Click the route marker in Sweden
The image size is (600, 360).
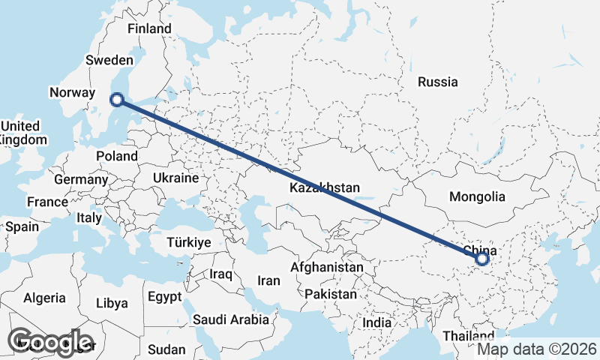[116, 99]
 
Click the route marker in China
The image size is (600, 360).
[481, 259]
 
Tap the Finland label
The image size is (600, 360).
[149, 29]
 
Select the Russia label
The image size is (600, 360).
[438, 82]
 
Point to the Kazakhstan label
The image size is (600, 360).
[325, 188]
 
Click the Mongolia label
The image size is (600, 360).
[477, 197]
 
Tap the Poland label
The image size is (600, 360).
[117, 157]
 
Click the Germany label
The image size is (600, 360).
[81, 180]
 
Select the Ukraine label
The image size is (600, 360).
[175, 178]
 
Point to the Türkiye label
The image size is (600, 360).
[189, 243]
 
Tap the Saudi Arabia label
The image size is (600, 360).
[230, 320]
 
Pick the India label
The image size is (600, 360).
[376, 322]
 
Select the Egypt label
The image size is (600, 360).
[164, 297]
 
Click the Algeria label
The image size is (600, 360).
[44, 298]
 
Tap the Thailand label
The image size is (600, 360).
[469, 335]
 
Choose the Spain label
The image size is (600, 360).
[22, 226]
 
